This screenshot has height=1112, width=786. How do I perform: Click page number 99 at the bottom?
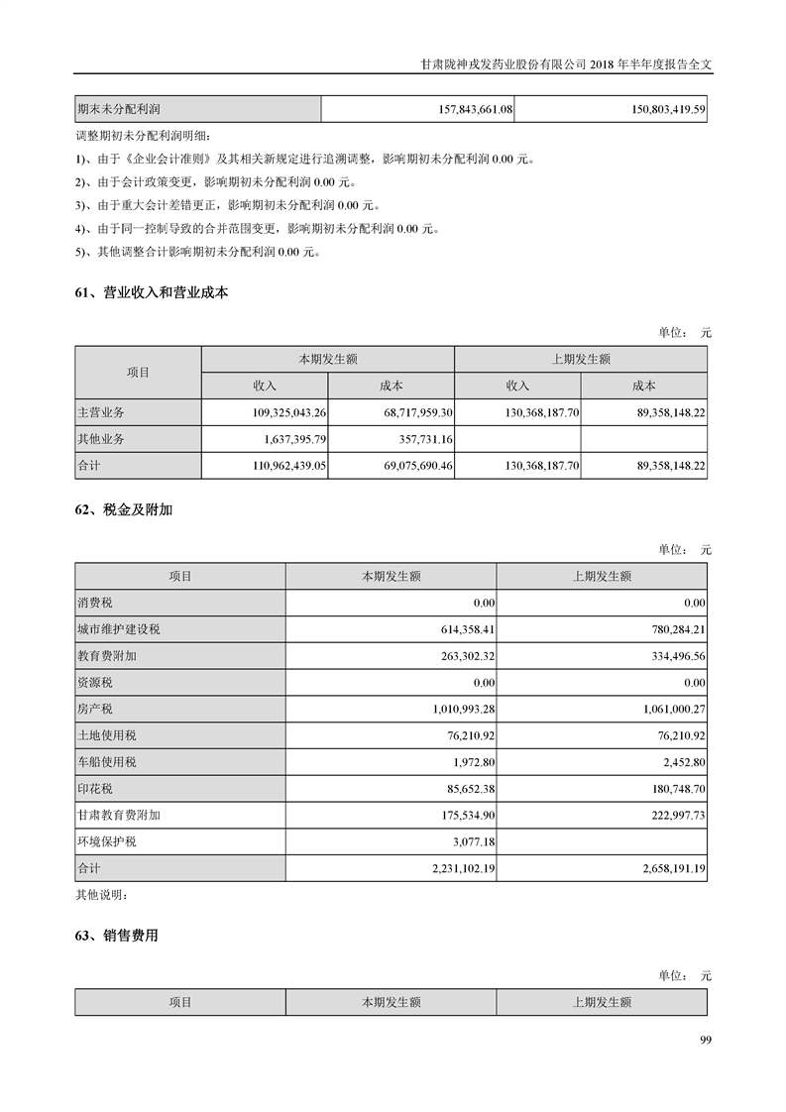coord(705,1040)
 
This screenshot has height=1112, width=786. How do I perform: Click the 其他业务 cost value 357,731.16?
coord(421,438)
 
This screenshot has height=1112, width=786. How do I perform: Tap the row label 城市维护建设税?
coord(119,628)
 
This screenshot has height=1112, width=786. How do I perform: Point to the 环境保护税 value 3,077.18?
coord(471,841)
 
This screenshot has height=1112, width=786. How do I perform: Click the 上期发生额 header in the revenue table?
coord(581,359)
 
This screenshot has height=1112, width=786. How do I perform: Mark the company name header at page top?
coord(565,62)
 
